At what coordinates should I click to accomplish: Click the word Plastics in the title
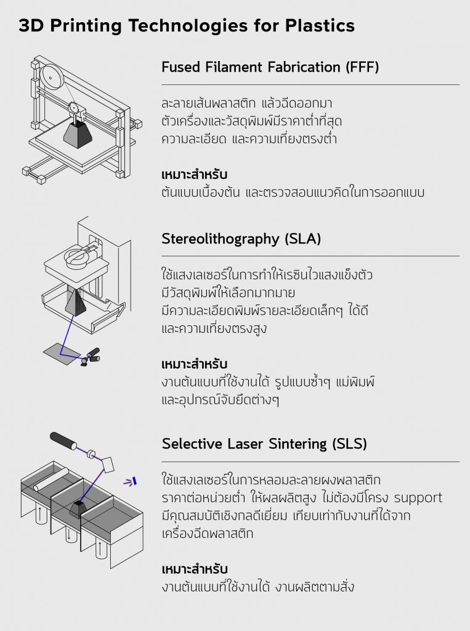coord(320,25)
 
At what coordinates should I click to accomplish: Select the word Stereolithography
coord(220,239)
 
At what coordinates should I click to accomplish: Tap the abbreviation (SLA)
coord(302,238)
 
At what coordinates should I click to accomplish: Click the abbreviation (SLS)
coord(350,444)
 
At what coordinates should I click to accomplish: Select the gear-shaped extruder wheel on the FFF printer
coord(73,107)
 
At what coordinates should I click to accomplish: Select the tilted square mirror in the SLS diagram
coord(108,465)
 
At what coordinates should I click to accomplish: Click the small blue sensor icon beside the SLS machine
coord(131,481)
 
